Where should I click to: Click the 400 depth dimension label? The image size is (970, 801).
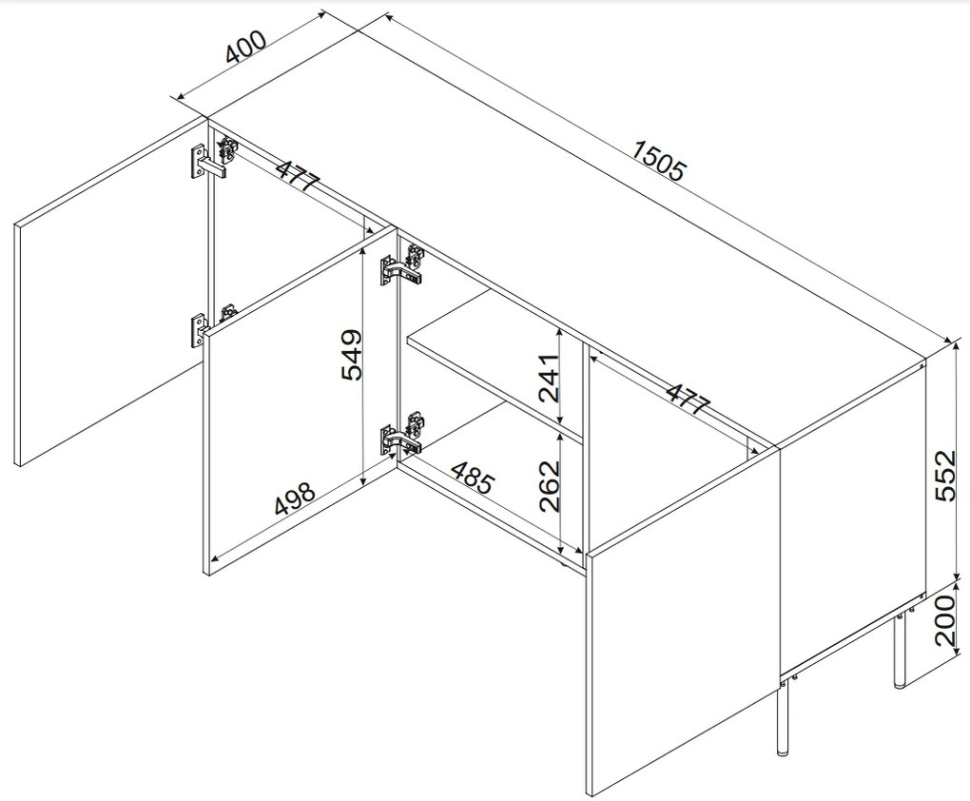pos(245,47)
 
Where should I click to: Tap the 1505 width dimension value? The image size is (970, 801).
pos(660,161)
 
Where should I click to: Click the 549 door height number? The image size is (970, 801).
pos(351,355)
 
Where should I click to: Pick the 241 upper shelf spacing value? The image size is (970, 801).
pos(549,379)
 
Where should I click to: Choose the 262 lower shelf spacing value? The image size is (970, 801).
pos(549,486)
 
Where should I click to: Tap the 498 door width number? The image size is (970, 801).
pos(295,498)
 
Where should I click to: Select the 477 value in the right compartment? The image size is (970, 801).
pos(688,400)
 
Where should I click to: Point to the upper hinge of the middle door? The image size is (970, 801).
pos(402,264)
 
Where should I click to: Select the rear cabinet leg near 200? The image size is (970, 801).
pos(900,650)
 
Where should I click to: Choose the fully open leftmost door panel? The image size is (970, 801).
pos(110,291)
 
